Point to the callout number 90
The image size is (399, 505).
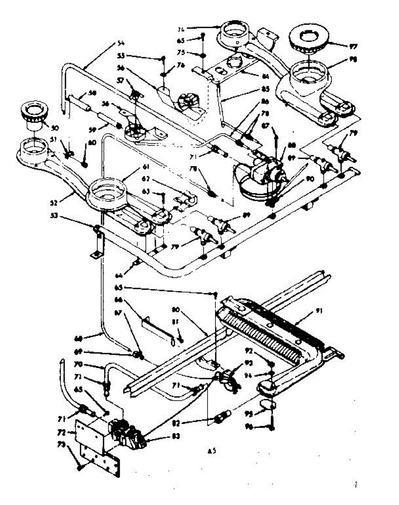pos(310,178)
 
